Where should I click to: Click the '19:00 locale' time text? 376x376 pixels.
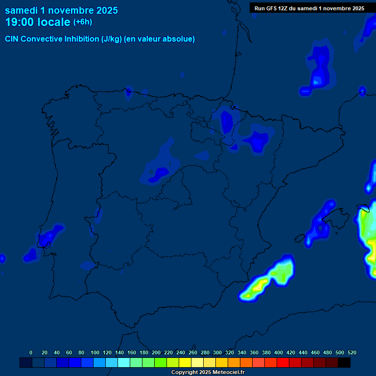[x=37, y=22]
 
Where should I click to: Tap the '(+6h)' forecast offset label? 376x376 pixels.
[x=82, y=22]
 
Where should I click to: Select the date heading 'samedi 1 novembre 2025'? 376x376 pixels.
[x=61, y=10]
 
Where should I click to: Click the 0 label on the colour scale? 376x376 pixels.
[x=31, y=352]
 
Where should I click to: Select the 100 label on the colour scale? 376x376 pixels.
[x=95, y=352]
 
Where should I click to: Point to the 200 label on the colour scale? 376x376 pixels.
[x=156, y=352]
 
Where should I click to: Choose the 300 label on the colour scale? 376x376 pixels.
[x=217, y=352]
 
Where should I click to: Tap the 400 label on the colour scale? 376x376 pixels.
[x=279, y=352]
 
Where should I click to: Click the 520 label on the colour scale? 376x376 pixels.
[x=352, y=352]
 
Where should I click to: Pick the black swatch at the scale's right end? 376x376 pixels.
[x=344, y=363]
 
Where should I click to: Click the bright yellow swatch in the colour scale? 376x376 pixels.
[x=185, y=363]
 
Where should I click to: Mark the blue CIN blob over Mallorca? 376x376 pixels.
[x=321, y=223]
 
